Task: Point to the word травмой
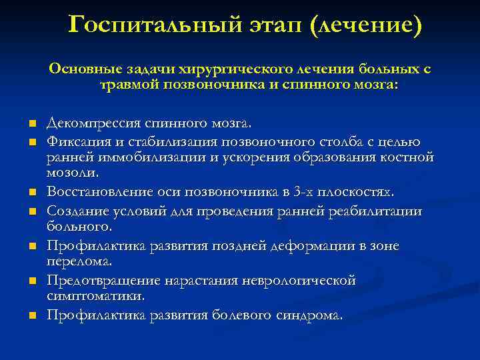point(129,85)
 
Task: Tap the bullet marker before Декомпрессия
point(31,125)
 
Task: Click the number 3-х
point(304,192)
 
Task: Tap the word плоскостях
point(357,192)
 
